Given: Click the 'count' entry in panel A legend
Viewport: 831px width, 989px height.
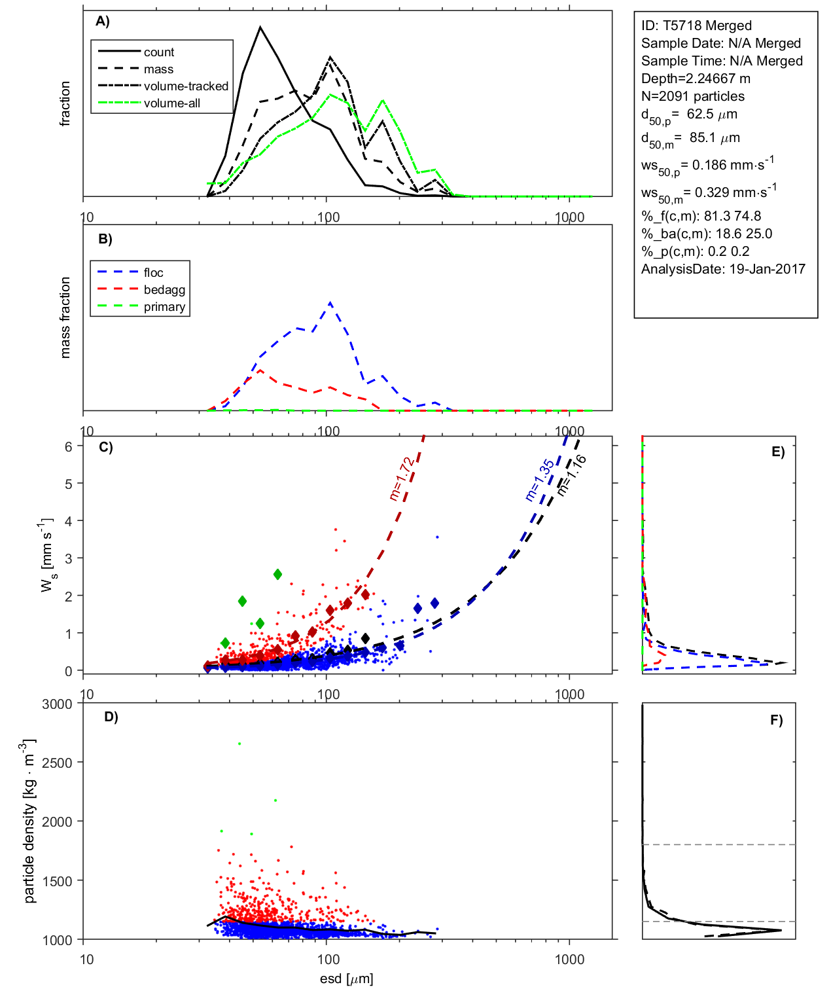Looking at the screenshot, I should tap(159, 52).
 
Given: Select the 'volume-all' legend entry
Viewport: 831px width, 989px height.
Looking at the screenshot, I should tap(172, 103).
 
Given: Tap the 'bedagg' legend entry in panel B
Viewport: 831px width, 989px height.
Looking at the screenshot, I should tap(164, 290).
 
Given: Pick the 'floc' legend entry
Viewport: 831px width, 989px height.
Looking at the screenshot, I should tap(154, 273).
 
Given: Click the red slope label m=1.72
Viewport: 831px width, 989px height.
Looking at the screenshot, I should tap(401, 478).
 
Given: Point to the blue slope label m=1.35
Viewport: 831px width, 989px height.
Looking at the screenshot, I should tap(540, 480).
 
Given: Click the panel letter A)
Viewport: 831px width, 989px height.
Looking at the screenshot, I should tap(103, 22).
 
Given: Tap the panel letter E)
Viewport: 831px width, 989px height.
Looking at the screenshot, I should tap(777, 452).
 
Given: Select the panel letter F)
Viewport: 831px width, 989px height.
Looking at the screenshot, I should tap(776, 721).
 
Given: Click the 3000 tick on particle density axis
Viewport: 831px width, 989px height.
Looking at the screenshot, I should tap(57, 704).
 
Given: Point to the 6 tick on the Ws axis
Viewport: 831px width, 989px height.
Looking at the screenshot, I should tap(68, 446).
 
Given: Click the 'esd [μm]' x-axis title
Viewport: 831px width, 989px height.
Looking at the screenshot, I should tap(346, 979).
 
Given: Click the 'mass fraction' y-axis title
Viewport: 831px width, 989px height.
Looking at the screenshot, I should tap(65, 317).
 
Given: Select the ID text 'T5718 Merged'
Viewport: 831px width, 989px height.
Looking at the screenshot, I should tap(696, 26).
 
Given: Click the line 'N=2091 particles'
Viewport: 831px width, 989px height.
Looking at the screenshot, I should tap(692, 96).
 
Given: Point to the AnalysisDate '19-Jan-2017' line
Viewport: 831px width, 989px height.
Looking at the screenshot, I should tap(723, 269).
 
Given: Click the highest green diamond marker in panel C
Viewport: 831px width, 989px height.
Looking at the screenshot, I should tap(278, 574).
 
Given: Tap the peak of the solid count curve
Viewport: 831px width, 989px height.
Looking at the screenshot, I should tap(260, 27).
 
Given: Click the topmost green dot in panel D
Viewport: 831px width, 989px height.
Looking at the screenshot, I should tap(239, 744).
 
